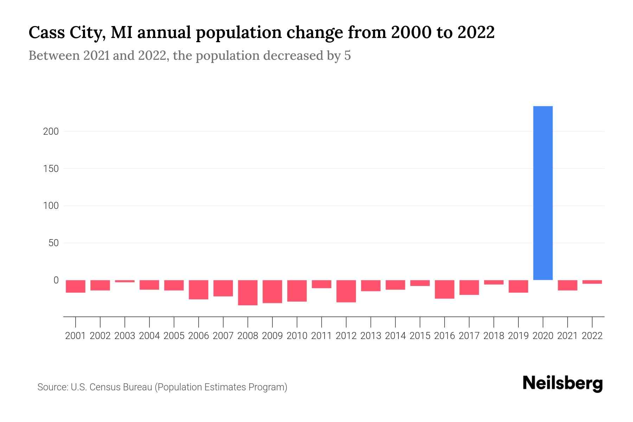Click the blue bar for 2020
pos(543,193)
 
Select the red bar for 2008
pos(248,292)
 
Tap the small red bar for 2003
pos(125,281)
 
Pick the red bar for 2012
pos(346,291)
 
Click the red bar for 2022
pos(592,282)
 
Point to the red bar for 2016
pos(445,289)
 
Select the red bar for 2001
pos(76,286)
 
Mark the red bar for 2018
pos(494,282)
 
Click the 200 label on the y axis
pos(51,132)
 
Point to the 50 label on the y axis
pos(53,243)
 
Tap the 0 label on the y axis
pos(56,280)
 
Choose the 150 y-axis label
pos(51,169)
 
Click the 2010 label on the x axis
pos(297,336)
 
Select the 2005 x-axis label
pos(174,336)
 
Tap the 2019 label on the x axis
pos(518,336)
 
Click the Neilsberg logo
pos(563,383)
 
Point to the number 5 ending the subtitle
pos(347,56)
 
